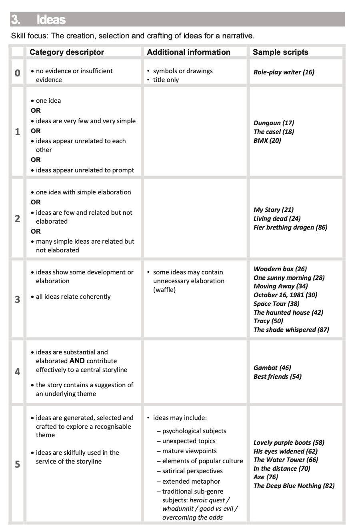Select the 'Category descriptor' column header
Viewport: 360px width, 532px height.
pyautogui.click(x=67, y=52)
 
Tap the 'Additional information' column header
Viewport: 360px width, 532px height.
pyautogui.click(x=188, y=52)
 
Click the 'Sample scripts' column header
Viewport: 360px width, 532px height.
pyautogui.click(x=280, y=52)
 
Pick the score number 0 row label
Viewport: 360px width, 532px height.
pyautogui.click(x=17, y=73)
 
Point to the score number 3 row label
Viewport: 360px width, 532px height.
pyautogui.click(x=17, y=299)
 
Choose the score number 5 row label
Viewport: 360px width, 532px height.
pyautogui.click(x=17, y=464)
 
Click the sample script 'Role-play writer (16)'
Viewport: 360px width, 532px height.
pyautogui.click(x=284, y=72)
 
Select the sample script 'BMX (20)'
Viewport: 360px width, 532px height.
pyautogui.click(x=267, y=140)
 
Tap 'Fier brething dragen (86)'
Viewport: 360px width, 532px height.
pyautogui.click(x=290, y=227)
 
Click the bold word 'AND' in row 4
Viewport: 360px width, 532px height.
pyautogui.click(x=77, y=361)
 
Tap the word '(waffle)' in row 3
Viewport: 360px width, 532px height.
pyautogui.click(x=164, y=290)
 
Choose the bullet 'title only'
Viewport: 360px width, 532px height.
pyautogui.click(x=166, y=80)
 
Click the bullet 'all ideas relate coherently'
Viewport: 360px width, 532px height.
pyautogui.click(x=73, y=296)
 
